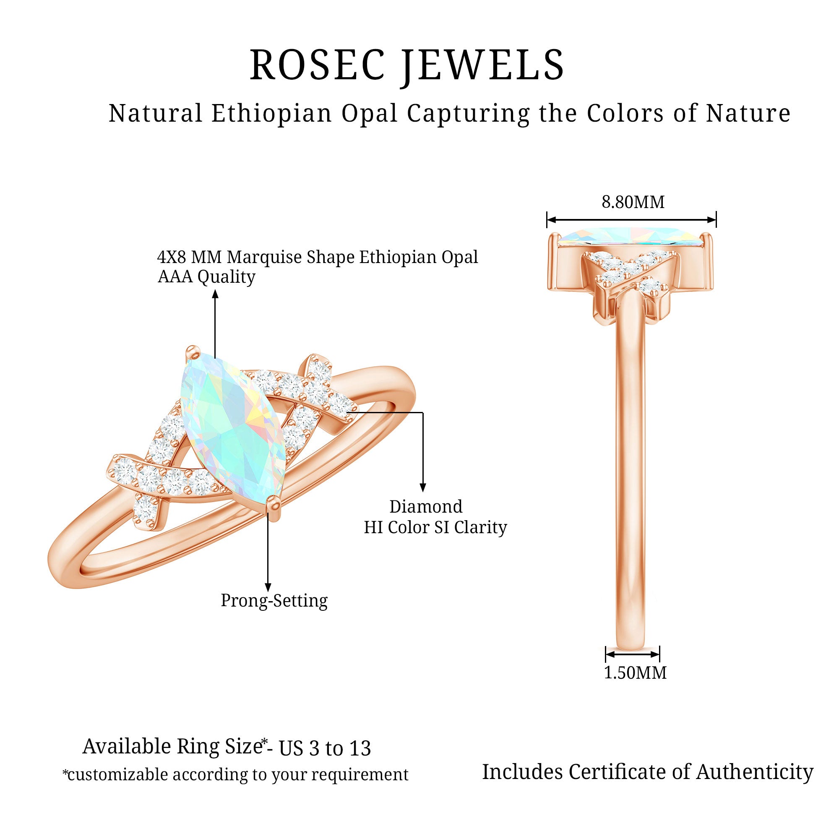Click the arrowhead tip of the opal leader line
tap(215, 291)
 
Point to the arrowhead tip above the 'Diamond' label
tap(422, 492)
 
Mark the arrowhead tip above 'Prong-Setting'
tap(268, 591)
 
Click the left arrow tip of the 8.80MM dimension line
tap(547, 220)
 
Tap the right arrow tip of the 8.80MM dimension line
tap(716, 220)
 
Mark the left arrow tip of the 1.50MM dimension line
tap(606, 666)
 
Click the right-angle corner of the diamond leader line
tap(422, 412)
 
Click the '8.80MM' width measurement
tap(633, 202)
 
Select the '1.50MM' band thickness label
tap(635, 685)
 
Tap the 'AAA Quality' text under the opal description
tap(206, 276)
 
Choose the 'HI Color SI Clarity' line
tap(435, 527)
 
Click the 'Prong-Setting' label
tap(274, 601)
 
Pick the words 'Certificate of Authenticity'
tap(691, 772)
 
